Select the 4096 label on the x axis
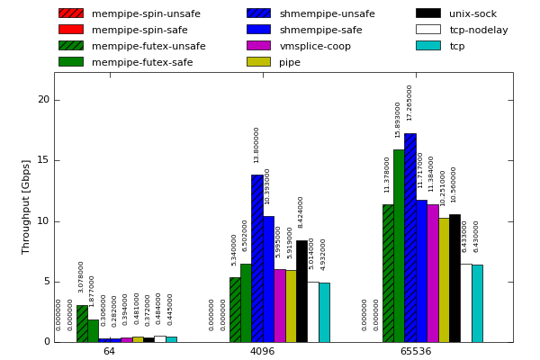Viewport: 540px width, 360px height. coord(262,351)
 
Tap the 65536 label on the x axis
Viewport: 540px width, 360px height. coord(415,351)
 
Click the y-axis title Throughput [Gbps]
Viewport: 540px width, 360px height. coord(26,206)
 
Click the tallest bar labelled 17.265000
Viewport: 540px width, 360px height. coord(410,238)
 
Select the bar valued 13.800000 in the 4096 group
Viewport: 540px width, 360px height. coord(257,258)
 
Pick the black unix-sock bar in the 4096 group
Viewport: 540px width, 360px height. coord(301,291)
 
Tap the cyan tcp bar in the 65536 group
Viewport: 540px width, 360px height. coord(477,303)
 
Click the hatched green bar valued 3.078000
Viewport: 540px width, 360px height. coord(82,323)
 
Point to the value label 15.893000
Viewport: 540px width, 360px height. coord(398,119)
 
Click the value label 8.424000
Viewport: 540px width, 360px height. coord(301,211)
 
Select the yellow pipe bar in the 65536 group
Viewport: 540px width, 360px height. coord(444,280)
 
